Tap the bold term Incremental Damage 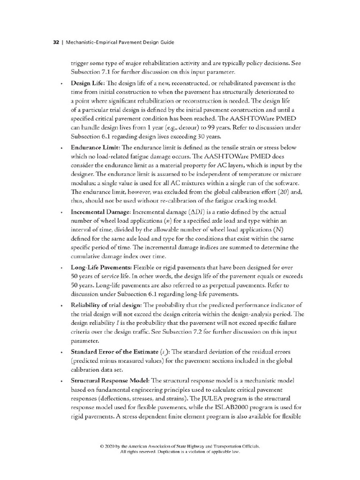click(99, 212)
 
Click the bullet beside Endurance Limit click(62, 148)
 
